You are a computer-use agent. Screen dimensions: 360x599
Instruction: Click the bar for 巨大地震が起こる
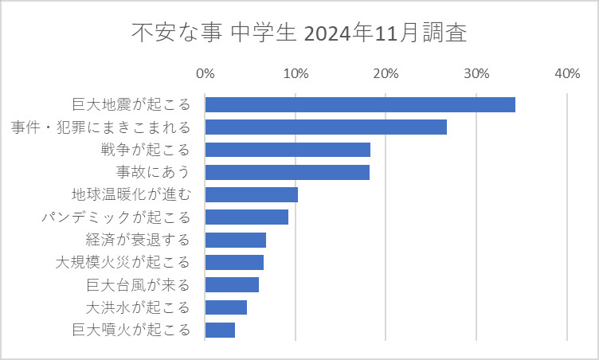point(360,104)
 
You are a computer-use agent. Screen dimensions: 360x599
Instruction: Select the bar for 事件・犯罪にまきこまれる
point(326,127)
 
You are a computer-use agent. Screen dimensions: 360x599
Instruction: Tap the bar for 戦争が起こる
point(288,150)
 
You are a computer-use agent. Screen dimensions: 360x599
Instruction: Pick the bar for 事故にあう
point(288,172)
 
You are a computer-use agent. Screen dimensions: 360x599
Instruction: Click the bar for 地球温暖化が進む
point(252,195)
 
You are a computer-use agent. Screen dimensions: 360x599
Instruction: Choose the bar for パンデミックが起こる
point(247,217)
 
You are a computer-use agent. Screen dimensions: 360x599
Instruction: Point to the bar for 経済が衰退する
point(236,240)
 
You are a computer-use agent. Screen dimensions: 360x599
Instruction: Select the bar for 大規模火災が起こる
point(234,262)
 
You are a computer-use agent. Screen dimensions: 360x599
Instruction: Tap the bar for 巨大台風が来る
point(232,285)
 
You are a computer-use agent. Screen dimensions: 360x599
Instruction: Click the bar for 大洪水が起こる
point(226,307)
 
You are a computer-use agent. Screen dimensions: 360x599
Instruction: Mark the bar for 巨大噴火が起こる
point(220,330)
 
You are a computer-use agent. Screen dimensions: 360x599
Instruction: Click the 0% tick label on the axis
point(206,73)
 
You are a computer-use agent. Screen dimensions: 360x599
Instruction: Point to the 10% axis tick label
point(296,73)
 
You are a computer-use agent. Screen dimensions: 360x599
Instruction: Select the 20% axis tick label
point(386,73)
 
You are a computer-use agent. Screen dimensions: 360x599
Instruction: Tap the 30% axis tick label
point(476,73)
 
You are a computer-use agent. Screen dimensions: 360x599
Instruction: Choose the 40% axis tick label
point(566,73)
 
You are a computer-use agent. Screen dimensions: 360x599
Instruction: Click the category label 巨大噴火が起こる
point(131,330)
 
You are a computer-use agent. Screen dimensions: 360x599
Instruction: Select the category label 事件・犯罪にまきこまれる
point(100,127)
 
